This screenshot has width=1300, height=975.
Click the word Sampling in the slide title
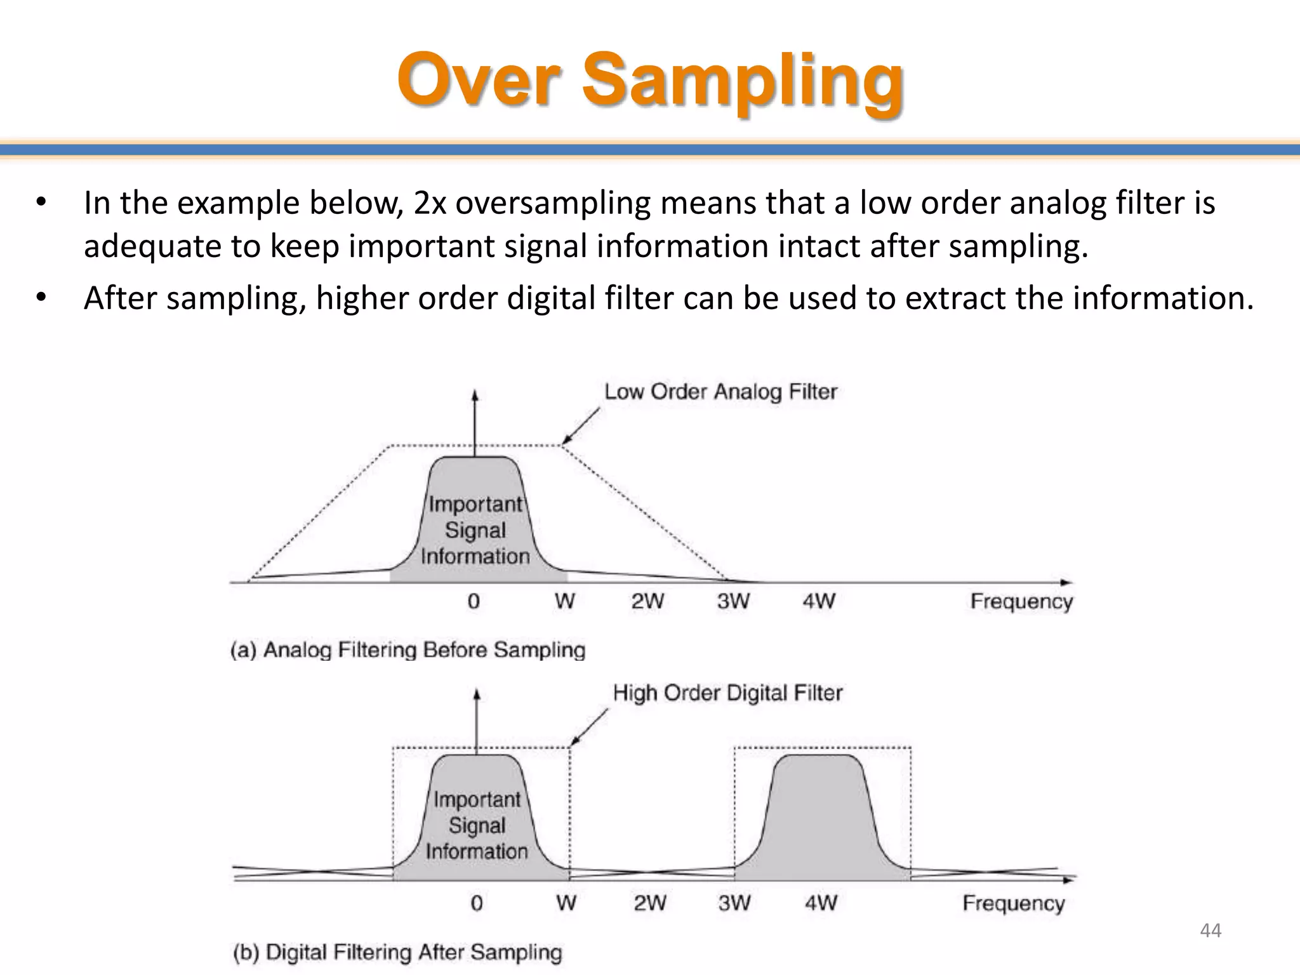click(742, 83)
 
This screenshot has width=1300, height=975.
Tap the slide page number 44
click(1210, 931)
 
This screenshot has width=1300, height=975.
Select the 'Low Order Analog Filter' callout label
click(720, 392)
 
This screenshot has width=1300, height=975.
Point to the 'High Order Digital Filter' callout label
click(727, 693)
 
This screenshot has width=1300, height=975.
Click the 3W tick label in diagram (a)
click(733, 600)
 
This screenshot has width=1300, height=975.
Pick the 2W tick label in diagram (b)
click(650, 902)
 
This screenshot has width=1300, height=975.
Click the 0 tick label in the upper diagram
click(474, 600)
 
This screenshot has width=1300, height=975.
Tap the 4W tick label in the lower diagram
click(821, 902)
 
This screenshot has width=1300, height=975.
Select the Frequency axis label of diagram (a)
click(1021, 601)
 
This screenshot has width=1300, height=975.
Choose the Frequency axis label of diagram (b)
click(1013, 903)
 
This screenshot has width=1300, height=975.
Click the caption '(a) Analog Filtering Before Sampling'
click(408, 650)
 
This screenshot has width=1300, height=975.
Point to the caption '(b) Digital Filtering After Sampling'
click(397, 952)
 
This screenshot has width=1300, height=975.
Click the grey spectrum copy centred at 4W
click(819, 819)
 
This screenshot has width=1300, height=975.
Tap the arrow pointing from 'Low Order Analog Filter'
click(580, 425)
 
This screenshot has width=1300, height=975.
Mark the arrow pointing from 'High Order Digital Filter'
click(588, 727)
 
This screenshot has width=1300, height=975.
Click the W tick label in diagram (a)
click(564, 600)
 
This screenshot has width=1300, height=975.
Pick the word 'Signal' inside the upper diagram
click(475, 530)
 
